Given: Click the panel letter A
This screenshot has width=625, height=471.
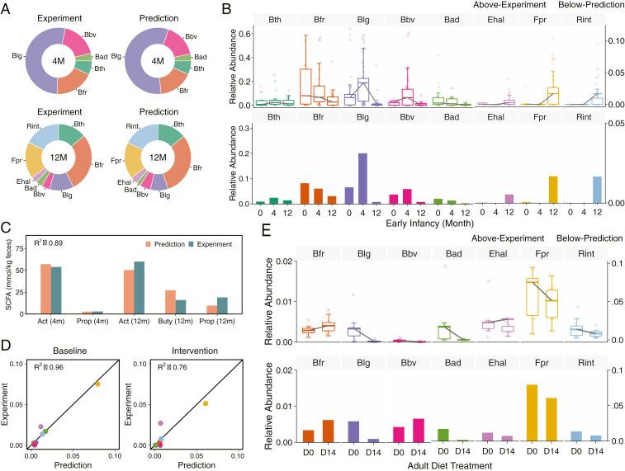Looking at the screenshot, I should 7,7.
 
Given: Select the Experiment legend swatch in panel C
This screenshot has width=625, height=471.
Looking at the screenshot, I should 193,243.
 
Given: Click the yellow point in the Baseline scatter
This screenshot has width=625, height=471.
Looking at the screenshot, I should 97,384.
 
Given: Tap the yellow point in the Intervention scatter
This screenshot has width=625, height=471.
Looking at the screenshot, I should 206,403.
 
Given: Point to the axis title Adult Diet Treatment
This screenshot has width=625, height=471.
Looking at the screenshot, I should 428,464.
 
